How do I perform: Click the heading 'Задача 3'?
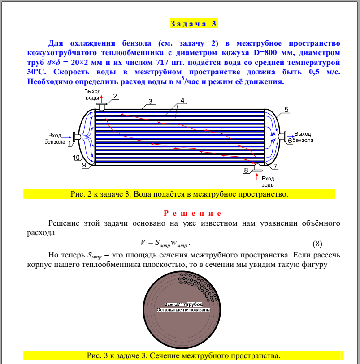click(x=194, y=24)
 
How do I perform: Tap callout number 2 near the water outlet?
click(x=115, y=96)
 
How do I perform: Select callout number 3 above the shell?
click(x=151, y=101)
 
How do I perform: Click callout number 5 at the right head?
click(x=286, y=109)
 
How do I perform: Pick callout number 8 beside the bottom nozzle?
click(x=245, y=171)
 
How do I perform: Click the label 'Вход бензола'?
click(x=55, y=138)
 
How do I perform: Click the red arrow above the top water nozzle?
click(x=102, y=98)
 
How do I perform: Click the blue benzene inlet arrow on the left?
click(x=67, y=136)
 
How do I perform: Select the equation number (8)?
click(x=317, y=244)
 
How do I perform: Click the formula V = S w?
click(x=165, y=243)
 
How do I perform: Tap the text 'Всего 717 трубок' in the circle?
click(x=183, y=304)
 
